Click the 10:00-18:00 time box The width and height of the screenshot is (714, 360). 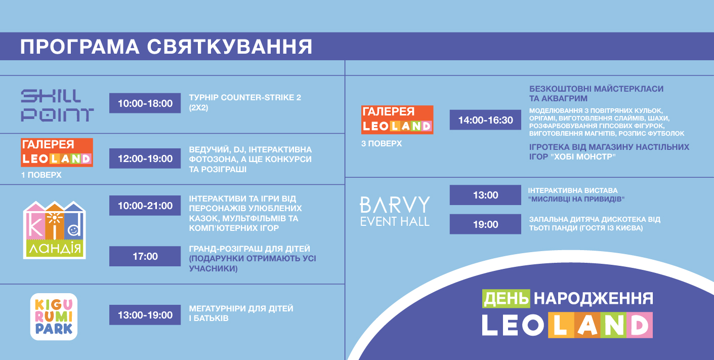[145, 103]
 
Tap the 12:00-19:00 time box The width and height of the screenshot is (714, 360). [145, 158]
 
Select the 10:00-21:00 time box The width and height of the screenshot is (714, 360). [145, 206]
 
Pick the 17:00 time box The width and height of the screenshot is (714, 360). [145, 256]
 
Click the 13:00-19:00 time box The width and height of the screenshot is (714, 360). [145, 315]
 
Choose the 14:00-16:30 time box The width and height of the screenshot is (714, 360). [485, 120]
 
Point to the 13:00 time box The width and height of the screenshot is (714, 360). [485, 195]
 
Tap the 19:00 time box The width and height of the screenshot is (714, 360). [485, 224]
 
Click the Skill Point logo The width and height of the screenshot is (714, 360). [57, 105]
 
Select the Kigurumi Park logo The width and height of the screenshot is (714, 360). [54, 316]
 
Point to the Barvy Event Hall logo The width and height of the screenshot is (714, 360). [395, 211]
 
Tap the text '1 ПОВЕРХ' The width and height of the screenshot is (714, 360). [41, 175]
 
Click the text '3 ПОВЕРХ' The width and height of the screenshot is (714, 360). [382, 144]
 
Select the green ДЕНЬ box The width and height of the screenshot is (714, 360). [506, 298]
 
